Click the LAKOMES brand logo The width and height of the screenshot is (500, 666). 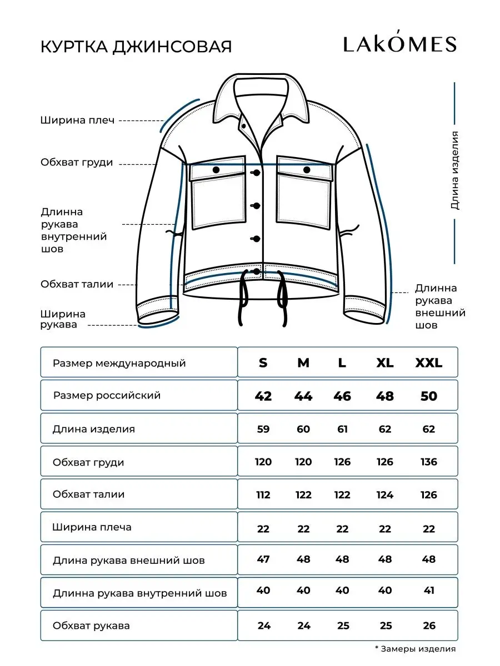pyautogui.click(x=399, y=44)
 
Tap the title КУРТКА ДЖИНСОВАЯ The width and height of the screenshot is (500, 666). pyautogui.click(x=136, y=47)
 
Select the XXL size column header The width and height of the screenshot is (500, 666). pyautogui.click(x=429, y=363)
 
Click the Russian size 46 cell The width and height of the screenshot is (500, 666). pyautogui.click(x=342, y=396)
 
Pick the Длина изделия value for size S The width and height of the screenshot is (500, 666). pyautogui.click(x=263, y=429)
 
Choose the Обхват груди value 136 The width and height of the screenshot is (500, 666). pyautogui.click(x=429, y=462)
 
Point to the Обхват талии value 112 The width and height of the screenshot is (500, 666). pyautogui.click(x=263, y=495)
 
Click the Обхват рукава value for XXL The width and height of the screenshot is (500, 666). pyautogui.click(x=429, y=626)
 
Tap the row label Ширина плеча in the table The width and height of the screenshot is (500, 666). pyautogui.click(x=92, y=527)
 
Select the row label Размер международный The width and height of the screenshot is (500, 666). pyautogui.click(x=119, y=364)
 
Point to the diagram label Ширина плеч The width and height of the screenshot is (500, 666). pyautogui.click(x=77, y=120)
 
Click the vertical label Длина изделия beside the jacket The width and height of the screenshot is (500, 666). pyautogui.click(x=455, y=170)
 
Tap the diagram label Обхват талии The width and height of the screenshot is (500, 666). pyautogui.click(x=77, y=284)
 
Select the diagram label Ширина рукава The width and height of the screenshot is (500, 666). pyautogui.click(x=63, y=320)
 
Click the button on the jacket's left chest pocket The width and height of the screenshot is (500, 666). pyautogui.click(x=216, y=169)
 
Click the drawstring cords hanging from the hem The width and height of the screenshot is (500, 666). pyautogui.click(x=262, y=300)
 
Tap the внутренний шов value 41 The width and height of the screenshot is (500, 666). pyautogui.click(x=429, y=591)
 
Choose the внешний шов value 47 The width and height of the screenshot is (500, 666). pyautogui.click(x=263, y=559)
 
